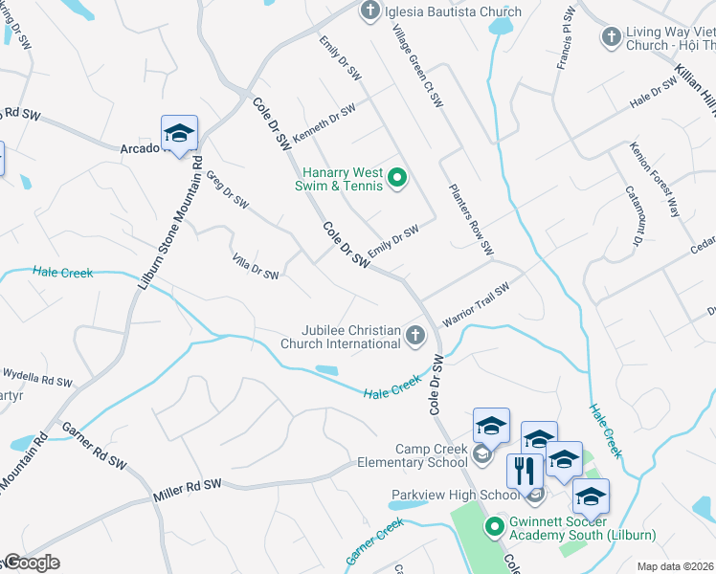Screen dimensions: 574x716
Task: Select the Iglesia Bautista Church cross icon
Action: point(369,11)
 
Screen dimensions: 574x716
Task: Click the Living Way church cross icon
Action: point(611,36)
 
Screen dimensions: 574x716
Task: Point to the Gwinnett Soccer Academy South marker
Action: point(495,526)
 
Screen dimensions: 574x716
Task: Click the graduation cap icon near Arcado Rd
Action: point(179,134)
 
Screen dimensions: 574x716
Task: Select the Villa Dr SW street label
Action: point(256,267)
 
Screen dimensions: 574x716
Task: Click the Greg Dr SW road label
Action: point(228,189)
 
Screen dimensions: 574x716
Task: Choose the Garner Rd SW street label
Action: point(93,446)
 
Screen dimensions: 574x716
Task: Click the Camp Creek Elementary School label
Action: point(431,455)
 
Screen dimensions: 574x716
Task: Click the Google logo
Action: point(31,563)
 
